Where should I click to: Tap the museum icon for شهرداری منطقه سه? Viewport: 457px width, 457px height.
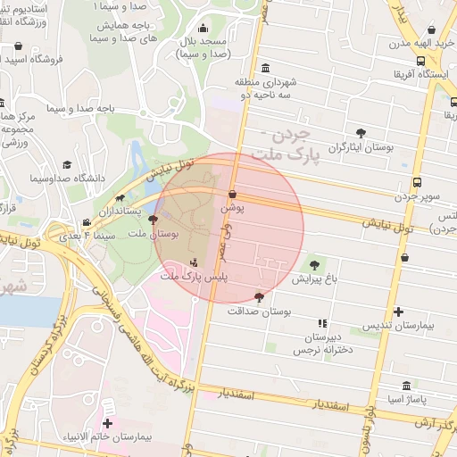tap(265, 70)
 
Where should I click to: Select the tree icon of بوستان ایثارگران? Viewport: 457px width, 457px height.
tap(361, 133)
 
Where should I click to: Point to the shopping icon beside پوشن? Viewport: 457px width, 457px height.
tap(233, 194)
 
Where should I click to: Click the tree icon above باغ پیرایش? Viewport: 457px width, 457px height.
tap(313, 264)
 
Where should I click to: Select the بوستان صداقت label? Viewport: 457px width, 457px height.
tap(261, 312)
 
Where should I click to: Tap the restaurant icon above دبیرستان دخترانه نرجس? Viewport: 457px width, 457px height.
tap(322, 323)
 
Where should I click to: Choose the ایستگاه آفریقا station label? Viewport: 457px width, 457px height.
tap(425, 74)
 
